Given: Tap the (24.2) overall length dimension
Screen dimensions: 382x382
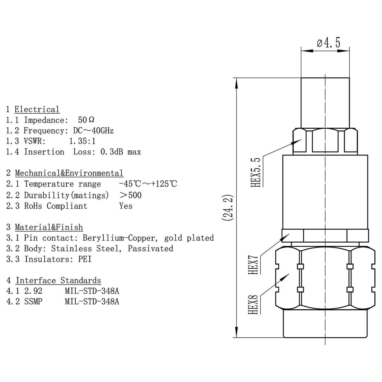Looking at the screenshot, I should click(227, 208).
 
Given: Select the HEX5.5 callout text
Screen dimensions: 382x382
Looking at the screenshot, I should click(256, 172).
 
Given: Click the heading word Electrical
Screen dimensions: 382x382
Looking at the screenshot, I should click(37, 109).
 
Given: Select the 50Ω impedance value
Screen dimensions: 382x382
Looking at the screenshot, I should click(86, 120).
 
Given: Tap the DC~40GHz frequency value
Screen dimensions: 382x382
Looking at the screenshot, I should click(93, 131).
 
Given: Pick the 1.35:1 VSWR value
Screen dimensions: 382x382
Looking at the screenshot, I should click(82, 141).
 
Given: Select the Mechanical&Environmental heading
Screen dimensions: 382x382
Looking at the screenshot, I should click(69, 173).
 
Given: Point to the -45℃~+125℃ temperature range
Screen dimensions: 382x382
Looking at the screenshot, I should click(148, 184).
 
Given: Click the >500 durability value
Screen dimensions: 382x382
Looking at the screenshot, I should click(131, 195).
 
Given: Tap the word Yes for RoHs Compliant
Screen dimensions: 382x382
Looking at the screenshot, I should click(126, 206).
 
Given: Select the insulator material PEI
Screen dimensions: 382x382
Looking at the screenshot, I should click(85, 259).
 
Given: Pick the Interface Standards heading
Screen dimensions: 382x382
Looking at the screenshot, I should click(58, 280).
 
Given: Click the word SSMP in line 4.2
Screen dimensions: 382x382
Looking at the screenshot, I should click(33, 302).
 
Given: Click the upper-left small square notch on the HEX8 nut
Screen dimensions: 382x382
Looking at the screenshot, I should click(300, 266).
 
